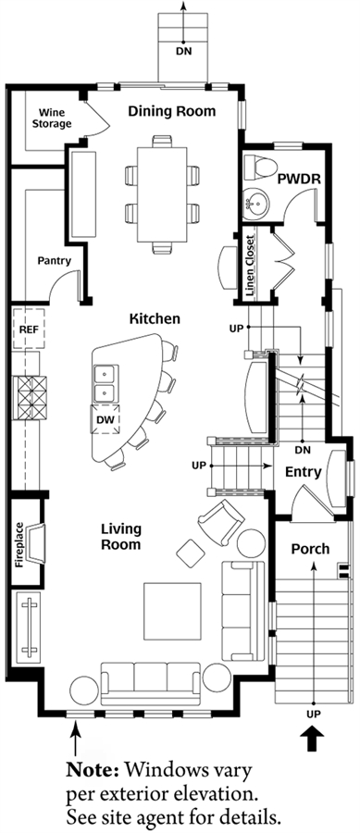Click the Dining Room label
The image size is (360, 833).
click(x=172, y=112)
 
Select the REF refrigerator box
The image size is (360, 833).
click(x=30, y=329)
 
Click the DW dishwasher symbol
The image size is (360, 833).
click(x=106, y=419)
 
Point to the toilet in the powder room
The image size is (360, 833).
click(x=262, y=166)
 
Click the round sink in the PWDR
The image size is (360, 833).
click(x=256, y=204)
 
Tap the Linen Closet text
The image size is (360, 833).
click(x=251, y=265)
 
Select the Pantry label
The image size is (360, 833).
click(x=55, y=261)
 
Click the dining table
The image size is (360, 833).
click(x=162, y=194)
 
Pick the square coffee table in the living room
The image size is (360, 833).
click(x=172, y=611)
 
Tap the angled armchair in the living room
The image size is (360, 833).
click(x=218, y=522)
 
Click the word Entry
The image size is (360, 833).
click(x=304, y=472)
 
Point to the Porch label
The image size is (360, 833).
click(x=310, y=549)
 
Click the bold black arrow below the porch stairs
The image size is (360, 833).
click(x=313, y=739)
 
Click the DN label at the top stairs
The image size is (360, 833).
click(x=184, y=52)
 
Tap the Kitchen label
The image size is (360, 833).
click(x=155, y=318)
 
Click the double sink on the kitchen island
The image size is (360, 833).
click(x=106, y=383)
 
